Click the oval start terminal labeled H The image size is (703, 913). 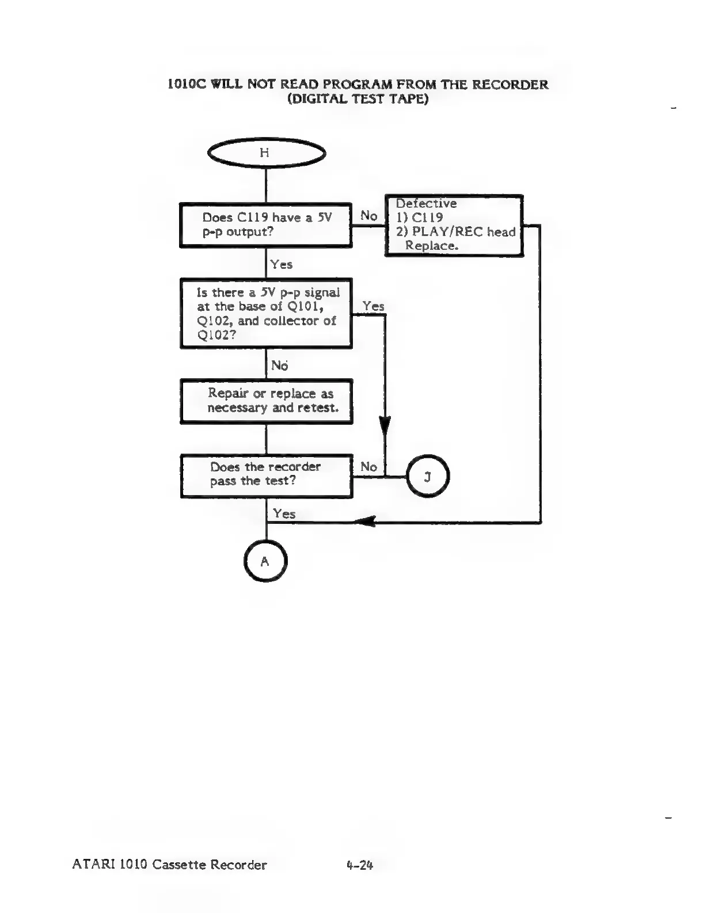click(265, 153)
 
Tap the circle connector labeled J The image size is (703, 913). click(427, 477)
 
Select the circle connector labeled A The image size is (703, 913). click(265, 561)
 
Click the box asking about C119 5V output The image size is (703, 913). click(265, 225)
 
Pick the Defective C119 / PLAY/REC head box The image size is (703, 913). click(454, 226)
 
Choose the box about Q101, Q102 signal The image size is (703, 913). click(266, 314)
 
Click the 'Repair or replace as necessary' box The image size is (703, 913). click(267, 401)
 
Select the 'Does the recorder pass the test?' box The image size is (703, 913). click(266, 475)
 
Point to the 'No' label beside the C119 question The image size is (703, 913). click(368, 216)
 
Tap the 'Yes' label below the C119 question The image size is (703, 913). click(282, 265)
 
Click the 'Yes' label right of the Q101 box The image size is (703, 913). click(374, 306)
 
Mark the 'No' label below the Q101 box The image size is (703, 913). click(279, 366)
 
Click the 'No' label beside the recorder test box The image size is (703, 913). click(368, 467)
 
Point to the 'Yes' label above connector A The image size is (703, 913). click(284, 513)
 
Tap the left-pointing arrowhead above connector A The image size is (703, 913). click(364, 522)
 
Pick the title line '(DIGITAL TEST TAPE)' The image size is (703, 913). click(358, 99)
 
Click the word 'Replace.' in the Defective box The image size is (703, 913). click(432, 246)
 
